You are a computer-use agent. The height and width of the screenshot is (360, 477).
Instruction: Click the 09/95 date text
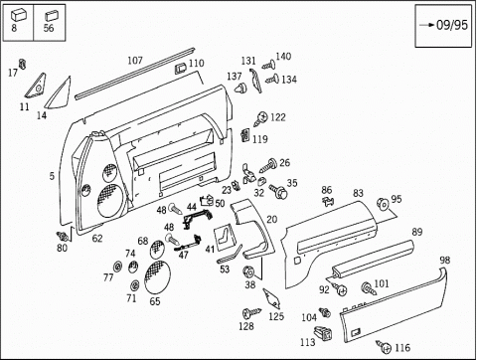click(x=452, y=25)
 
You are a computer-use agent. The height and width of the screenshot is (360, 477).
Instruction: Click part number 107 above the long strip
click(x=135, y=61)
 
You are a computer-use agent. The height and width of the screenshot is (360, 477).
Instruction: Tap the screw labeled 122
click(x=260, y=118)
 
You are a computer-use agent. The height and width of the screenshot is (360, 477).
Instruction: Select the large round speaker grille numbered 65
click(x=157, y=276)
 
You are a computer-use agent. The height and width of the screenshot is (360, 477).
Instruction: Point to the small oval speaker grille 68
click(x=157, y=250)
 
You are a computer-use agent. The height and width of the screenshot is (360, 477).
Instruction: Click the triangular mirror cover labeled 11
click(x=36, y=86)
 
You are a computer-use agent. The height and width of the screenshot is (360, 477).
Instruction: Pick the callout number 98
click(x=445, y=260)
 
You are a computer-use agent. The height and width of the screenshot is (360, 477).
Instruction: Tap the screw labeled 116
click(x=384, y=346)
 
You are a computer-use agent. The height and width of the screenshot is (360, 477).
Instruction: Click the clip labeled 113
click(x=323, y=332)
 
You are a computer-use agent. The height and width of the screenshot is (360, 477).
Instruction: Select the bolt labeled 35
click(x=278, y=191)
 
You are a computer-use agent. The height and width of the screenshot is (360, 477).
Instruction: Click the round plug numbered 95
click(x=383, y=204)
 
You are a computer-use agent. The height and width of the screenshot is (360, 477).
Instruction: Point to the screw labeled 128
click(x=251, y=312)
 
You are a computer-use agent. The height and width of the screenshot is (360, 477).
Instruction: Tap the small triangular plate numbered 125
click(x=272, y=297)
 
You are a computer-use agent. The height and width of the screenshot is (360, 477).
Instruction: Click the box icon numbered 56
click(x=51, y=16)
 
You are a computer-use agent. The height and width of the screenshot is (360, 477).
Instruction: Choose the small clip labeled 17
click(x=22, y=64)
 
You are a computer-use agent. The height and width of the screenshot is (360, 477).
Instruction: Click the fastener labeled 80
click(x=63, y=236)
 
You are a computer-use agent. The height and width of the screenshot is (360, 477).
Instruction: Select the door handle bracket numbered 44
click(x=198, y=218)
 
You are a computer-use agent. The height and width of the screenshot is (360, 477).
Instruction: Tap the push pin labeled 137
click(x=240, y=89)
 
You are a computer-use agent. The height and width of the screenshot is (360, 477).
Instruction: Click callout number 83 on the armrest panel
click(x=358, y=193)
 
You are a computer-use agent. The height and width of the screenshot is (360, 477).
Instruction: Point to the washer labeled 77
click(x=117, y=267)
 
